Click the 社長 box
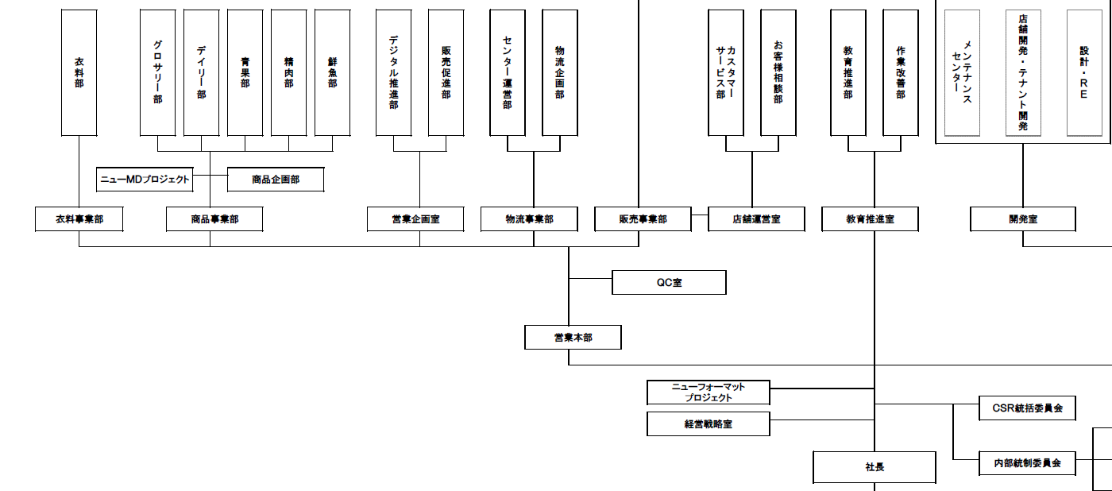click(875, 467)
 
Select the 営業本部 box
click(573, 338)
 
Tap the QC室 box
click(669, 282)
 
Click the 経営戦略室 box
click(709, 423)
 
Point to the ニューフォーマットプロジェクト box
click(709, 392)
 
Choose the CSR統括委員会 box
click(1028, 408)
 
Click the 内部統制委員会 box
click(1028, 462)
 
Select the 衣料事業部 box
click(79, 219)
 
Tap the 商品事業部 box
click(214, 219)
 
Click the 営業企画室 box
click(415, 219)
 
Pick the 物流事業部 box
click(529, 219)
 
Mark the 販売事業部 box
click(643, 219)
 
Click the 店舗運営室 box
click(756, 219)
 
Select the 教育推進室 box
click(870, 219)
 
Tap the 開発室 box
click(1023, 219)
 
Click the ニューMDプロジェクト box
click(145, 180)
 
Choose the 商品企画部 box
click(276, 180)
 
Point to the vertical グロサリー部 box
click(157, 72)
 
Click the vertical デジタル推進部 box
click(394, 72)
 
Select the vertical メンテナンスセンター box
click(962, 72)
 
